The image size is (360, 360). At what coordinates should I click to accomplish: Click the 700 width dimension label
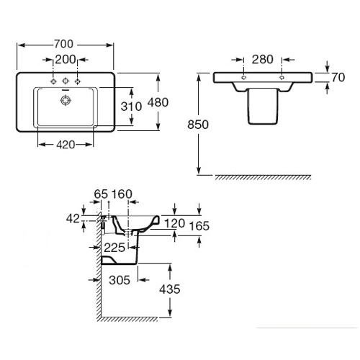tap(63, 44)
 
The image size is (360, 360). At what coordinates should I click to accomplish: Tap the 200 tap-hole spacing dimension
tap(66, 60)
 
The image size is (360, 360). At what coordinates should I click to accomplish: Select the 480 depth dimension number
tap(158, 102)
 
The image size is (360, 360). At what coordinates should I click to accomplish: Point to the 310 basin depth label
tap(131, 107)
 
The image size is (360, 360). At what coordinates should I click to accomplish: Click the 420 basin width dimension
tap(66, 145)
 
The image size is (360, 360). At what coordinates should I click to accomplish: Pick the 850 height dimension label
tap(198, 125)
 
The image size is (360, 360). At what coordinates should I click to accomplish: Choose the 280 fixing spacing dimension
tap(263, 60)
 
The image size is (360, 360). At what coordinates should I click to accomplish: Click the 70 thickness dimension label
tap(338, 77)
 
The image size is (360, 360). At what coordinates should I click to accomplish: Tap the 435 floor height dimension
tap(170, 289)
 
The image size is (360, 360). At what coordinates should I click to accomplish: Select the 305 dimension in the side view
tap(120, 280)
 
